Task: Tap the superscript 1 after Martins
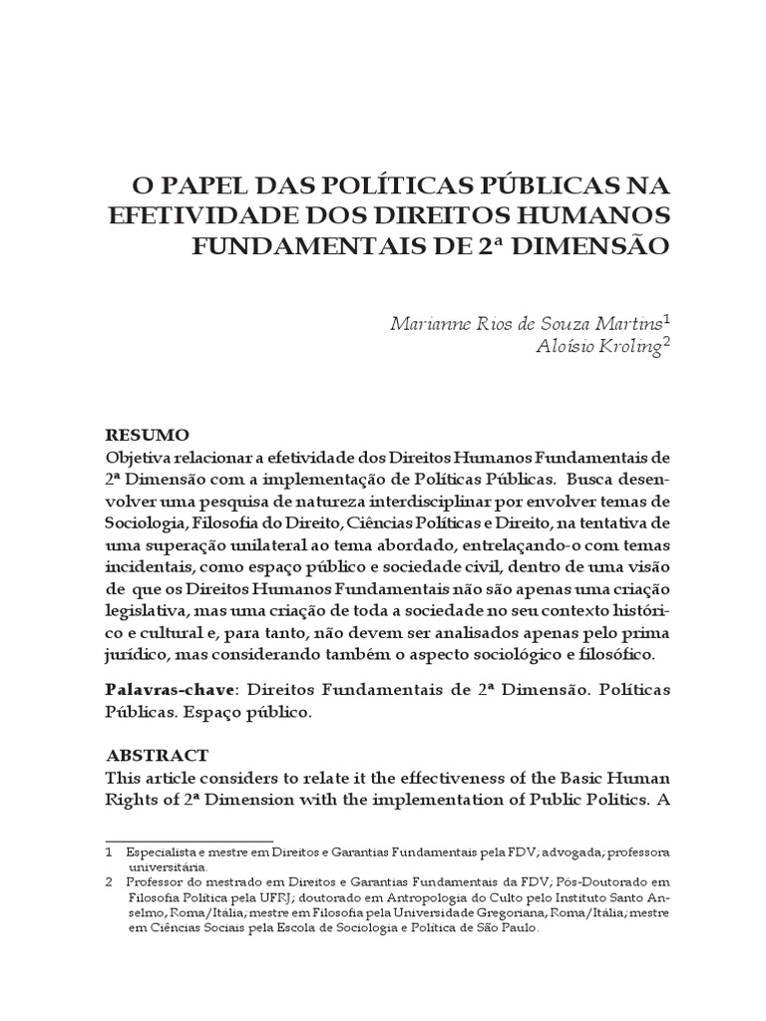[x=667, y=318]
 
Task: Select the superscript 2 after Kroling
[x=667, y=340]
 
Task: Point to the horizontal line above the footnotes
[x=189, y=841]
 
